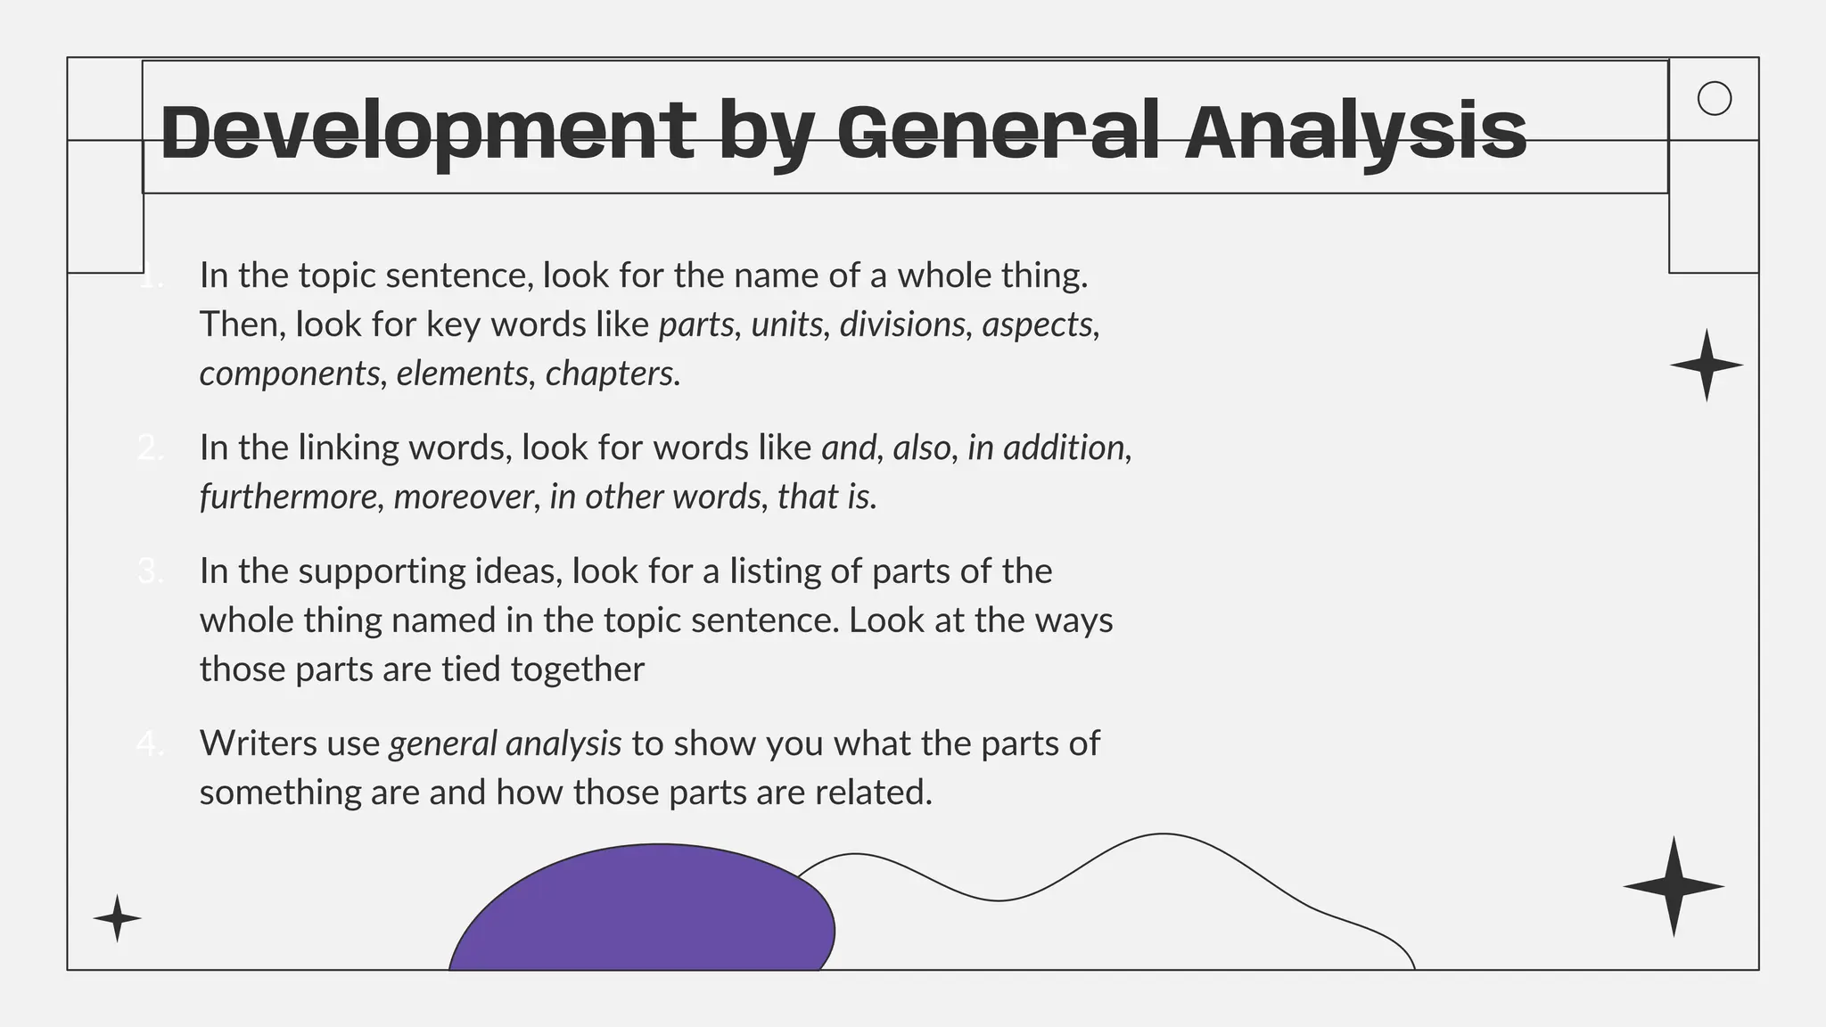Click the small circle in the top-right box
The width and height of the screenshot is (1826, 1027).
coord(1714,98)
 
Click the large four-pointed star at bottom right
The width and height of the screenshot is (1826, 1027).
coord(1674,886)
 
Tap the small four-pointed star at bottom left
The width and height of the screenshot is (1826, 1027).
coord(117,918)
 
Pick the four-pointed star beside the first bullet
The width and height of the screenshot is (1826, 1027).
coord(1706,365)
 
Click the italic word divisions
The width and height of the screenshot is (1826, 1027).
coord(902,325)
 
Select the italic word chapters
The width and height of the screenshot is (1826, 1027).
coord(611,374)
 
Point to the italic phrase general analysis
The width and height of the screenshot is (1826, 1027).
coord(505,744)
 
